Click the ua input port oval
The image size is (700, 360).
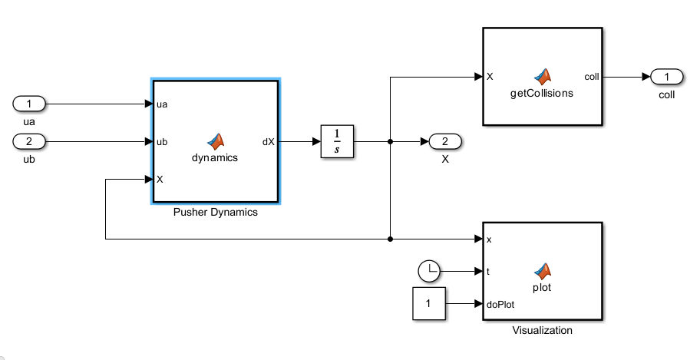click(30, 104)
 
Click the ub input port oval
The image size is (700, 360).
click(30, 141)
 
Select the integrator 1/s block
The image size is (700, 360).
click(336, 141)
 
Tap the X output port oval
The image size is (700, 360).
click(445, 141)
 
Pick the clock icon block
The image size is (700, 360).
click(430, 270)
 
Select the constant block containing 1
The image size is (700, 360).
click(429, 305)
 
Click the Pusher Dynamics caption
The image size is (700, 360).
click(216, 213)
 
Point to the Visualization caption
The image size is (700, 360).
click(542, 331)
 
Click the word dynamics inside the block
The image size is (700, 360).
click(215, 157)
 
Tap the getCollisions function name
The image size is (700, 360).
click(542, 93)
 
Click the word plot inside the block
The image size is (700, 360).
click(542, 288)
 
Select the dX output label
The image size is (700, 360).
click(269, 141)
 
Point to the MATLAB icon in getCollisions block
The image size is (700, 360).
click(543, 75)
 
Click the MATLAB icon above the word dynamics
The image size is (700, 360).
click(216, 140)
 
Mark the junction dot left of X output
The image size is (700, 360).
click(391, 141)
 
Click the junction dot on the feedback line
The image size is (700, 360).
click(391, 239)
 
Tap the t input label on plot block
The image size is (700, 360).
click(489, 271)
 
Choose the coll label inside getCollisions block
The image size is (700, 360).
click(592, 77)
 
